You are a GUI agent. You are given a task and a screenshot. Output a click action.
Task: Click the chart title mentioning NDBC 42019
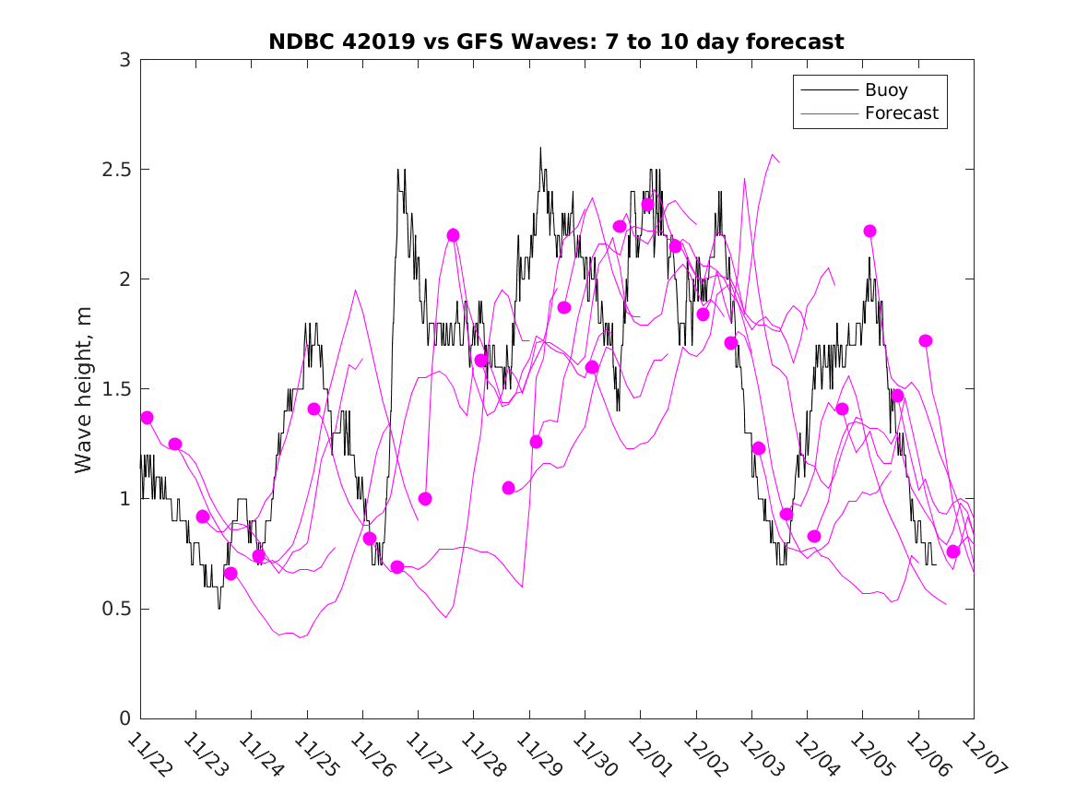click(556, 42)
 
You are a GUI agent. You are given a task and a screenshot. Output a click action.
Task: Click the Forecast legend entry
click(901, 113)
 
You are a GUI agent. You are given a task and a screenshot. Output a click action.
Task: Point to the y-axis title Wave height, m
click(84, 389)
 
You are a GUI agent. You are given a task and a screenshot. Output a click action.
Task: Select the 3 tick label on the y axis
click(124, 60)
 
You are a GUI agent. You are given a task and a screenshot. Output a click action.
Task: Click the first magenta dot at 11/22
click(147, 418)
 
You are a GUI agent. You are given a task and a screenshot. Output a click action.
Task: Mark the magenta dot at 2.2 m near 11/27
click(453, 235)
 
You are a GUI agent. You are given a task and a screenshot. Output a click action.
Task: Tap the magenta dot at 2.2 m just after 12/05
click(869, 231)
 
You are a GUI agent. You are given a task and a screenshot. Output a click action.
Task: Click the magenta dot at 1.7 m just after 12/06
click(926, 340)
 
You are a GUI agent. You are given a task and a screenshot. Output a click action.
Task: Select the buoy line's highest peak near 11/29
click(540, 148)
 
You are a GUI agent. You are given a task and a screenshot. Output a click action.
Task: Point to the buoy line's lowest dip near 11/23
click(219, 608)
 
